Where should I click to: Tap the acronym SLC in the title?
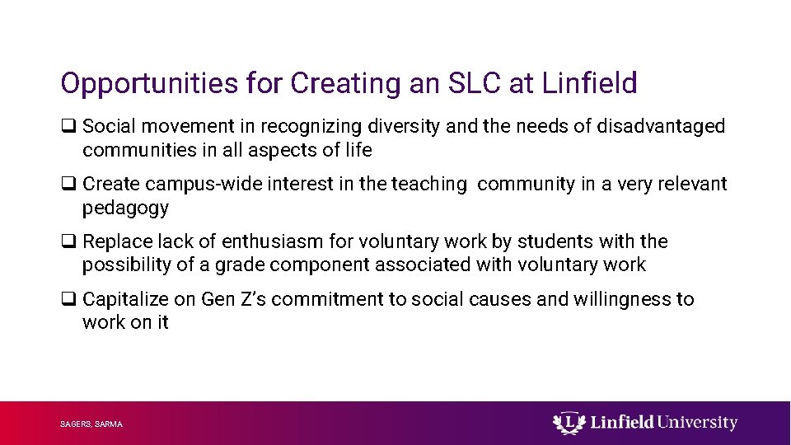471,83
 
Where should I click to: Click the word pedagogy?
125,208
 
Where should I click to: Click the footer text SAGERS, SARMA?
91,424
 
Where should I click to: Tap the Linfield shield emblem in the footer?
566,423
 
